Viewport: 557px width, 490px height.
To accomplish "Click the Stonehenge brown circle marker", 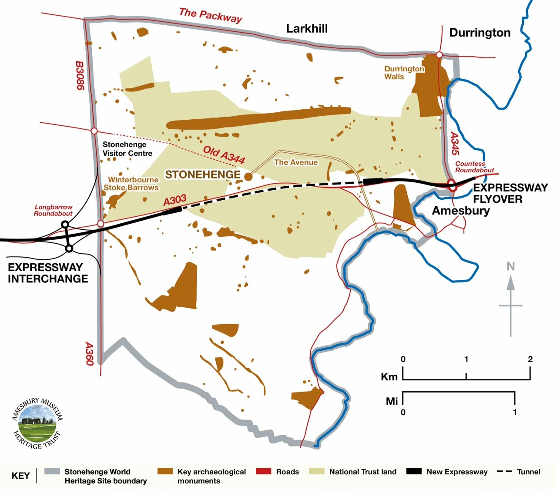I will (x=248, y=176).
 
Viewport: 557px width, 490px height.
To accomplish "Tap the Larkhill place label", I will (x=307, y=29).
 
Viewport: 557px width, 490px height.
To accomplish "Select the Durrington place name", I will (x=480, y=33).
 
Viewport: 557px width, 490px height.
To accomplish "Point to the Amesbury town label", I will (x=461, y=211).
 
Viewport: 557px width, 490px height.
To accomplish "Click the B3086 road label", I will (x=80, y=75).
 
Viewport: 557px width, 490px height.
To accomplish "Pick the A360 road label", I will (x=89, y=354).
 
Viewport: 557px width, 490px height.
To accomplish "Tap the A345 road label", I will (x=454, y=144).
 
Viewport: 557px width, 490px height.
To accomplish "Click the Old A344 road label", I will (x=224, y=155).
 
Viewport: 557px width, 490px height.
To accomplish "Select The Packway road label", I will (x=210, y=16).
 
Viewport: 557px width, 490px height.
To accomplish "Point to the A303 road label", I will (x=174, y=200).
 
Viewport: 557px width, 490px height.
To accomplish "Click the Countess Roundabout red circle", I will (x=453, y=186).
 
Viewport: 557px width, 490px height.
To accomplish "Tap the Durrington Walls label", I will (x=404, y=73).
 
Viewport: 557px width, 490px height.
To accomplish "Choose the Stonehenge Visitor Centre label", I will (x=127, y=149).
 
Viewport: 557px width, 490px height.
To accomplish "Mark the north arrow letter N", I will (x=510, y=266).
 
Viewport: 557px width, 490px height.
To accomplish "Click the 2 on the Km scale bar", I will (x=530, y=359).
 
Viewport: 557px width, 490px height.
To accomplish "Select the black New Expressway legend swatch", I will (x=413, y=472).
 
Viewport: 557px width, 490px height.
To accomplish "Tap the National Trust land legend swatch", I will (x=316, y=472).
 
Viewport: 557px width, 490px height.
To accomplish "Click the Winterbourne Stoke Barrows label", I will (x=132, y=184).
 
